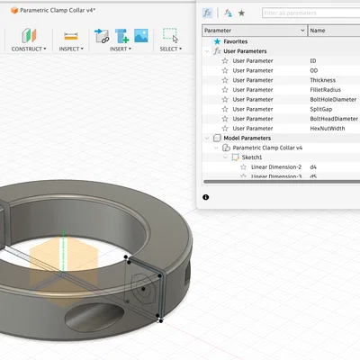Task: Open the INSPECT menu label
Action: point(71,49)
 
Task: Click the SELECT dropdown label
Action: point(168,49)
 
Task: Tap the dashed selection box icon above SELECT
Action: point(169,34)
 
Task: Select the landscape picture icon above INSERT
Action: point(140,35)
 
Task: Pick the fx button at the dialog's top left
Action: point(208,13)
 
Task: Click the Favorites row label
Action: point(237,41)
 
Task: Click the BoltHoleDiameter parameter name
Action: point(332,99)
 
